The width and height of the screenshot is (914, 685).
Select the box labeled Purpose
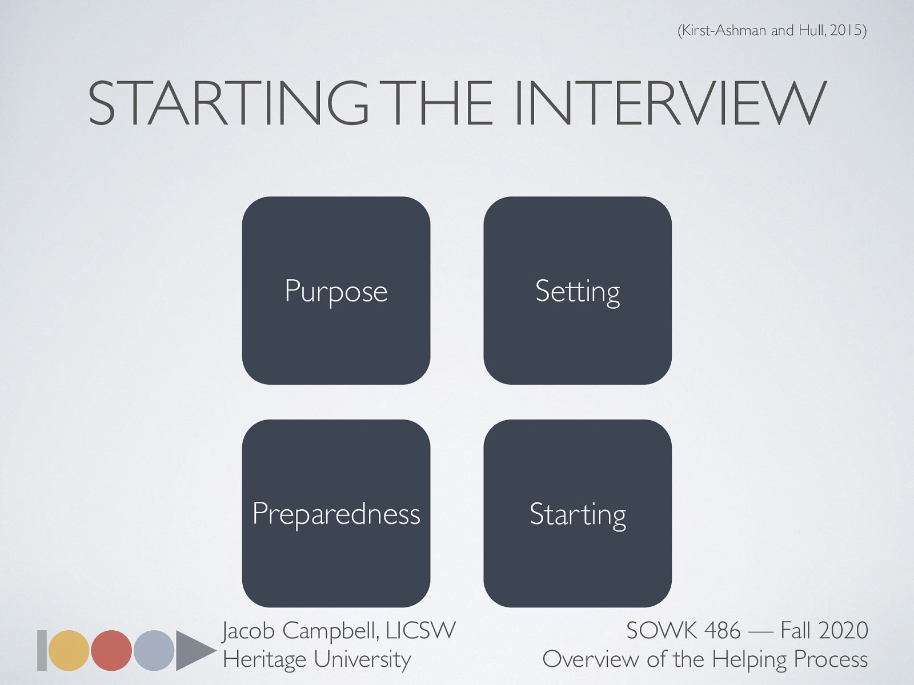click(x=336, y=291)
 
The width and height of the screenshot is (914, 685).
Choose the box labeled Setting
click(x=578, y=291)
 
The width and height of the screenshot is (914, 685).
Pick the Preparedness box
click(x=336, y=513)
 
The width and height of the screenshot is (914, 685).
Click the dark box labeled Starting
click(x=578, y=513)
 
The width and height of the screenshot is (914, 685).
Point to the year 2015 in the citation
click(x=845, y=30)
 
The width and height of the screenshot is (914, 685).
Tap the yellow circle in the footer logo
click(x=69, y=650)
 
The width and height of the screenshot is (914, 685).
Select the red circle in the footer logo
click(x=111, y=650)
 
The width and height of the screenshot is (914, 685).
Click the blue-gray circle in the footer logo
click(x=154, y=650)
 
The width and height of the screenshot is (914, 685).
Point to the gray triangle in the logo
click(x=193, y=650)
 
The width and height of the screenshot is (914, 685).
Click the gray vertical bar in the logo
click(x=42, y=650)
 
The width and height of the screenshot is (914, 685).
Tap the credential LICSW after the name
click(x=420, y=631)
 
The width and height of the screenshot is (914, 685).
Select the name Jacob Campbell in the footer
click(x=299, y=631)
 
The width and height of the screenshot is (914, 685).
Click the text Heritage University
click(x=317, y=659)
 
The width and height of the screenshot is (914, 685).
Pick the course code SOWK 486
click(x=683, y=631)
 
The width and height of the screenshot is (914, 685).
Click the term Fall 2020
click(x=824, y=631)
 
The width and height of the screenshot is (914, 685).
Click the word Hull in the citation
click(x=811, y=30)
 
